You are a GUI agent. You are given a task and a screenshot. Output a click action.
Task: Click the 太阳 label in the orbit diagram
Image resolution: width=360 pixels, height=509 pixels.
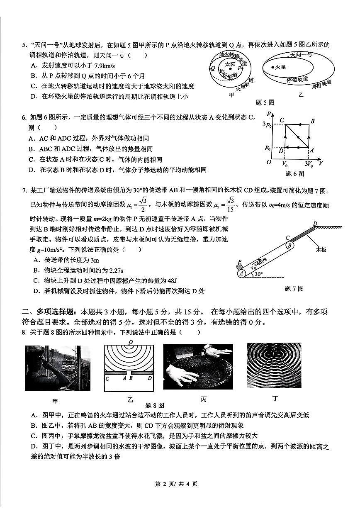(230, 64)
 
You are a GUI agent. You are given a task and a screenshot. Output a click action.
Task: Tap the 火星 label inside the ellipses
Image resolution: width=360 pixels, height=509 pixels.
(280, 67)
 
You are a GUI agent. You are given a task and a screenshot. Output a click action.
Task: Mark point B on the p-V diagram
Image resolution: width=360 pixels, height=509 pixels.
(312, 121)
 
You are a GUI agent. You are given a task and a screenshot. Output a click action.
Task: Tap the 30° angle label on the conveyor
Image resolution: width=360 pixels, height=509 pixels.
(258, 274)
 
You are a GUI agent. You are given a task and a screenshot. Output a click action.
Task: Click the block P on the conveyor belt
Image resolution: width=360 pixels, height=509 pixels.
(239, 264)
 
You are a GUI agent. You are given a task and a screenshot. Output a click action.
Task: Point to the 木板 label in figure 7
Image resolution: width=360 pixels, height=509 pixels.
(321, 250)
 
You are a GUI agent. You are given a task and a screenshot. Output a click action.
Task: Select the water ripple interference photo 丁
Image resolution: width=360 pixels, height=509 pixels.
(274, 365)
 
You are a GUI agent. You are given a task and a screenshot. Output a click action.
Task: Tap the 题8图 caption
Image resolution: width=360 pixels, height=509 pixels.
(155, 405)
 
